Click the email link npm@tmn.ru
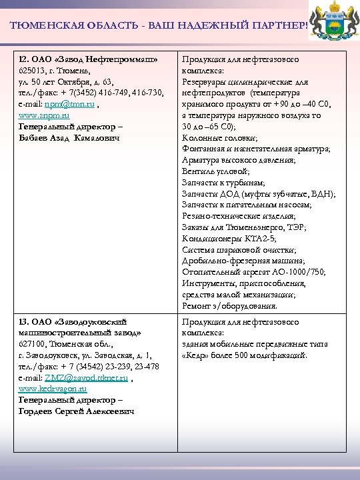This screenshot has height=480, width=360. pyautogui.click(x=75, y=105)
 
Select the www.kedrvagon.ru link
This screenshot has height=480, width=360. pyautogui.click(x=53, y=388)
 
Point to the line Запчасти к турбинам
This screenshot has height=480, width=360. pyautogui.click(x=223, y=183)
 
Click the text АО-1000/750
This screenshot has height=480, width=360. pyautogui.click(x=299, y=272)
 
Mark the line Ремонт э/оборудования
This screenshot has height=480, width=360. pyautogui.click(x=229, y=306)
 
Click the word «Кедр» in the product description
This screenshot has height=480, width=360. pyautogui.click(x=198, y=355)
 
